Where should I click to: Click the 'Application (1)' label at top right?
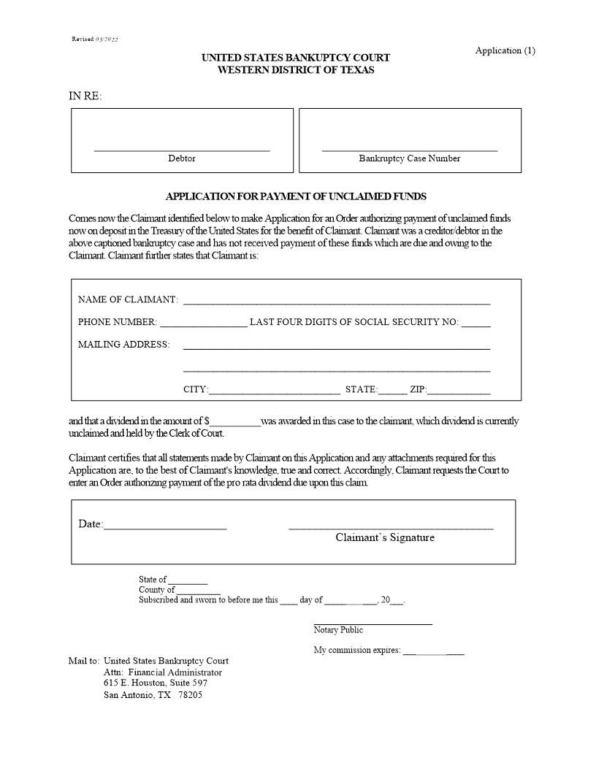click(x=505, y=50)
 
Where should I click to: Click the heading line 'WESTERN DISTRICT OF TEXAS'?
click(x=296, y=70)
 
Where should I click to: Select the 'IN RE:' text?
click(x=85, y=96)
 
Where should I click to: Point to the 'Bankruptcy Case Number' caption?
click(x=409, y=158)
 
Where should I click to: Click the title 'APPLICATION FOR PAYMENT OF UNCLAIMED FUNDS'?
click(x=296, y=196)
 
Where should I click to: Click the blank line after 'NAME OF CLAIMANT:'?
click(x=336, y=302)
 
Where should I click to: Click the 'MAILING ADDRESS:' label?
click(x=123, y=345)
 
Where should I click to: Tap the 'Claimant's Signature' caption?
click(x=385, y=537)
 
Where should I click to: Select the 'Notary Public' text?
click(x=338, y=630)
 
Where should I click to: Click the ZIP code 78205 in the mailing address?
click(x=191, y=695)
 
